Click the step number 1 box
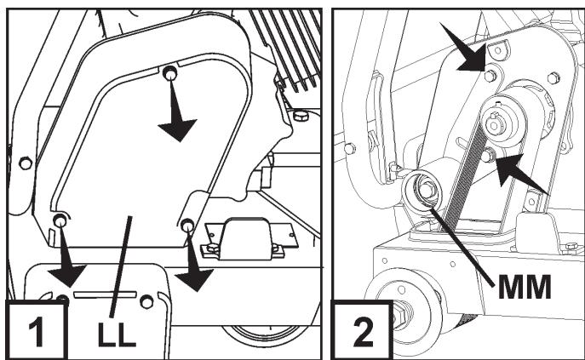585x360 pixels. point(37,330)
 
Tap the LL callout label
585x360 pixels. point(117,334)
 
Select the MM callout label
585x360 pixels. point(525,287)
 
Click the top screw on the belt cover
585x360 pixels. point(169,72)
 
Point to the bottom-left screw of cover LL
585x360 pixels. point(60,220)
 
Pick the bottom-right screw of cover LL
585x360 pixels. point(187,225)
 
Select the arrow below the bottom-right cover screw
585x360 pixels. point(194,262)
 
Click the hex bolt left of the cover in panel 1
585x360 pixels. point(26,163)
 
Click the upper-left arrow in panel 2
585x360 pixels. point(466,48)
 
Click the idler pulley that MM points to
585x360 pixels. point(422,191)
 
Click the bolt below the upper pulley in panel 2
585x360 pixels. point(488,155)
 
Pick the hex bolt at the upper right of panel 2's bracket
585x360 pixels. point(553,78)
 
